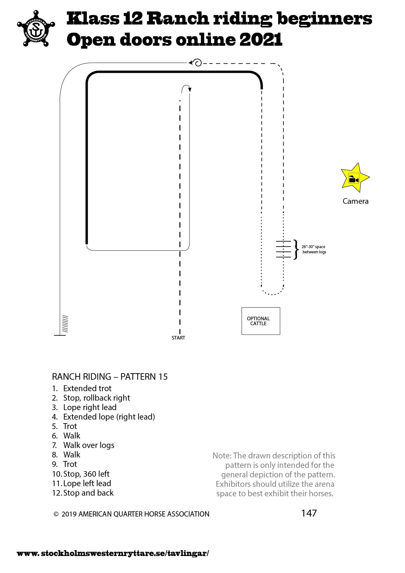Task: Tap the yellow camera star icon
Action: coord(354,178)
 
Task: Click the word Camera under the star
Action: coord(355,201)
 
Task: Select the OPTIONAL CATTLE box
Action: coord(261,321)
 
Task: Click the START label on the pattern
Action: coord(178,338)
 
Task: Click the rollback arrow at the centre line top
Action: coord(186,88)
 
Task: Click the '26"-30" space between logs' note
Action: coord(314,249)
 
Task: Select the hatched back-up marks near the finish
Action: coord(65,324)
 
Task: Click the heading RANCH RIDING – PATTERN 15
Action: coord(110,377)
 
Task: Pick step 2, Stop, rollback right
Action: coord(91,398)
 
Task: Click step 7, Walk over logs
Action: coord(83,445)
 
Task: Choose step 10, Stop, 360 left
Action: coord(81,474)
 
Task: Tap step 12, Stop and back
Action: coord(83,493)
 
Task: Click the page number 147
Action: coord(309,513)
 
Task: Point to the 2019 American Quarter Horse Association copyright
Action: coord(131,514)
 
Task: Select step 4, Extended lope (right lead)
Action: coord(104,417)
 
